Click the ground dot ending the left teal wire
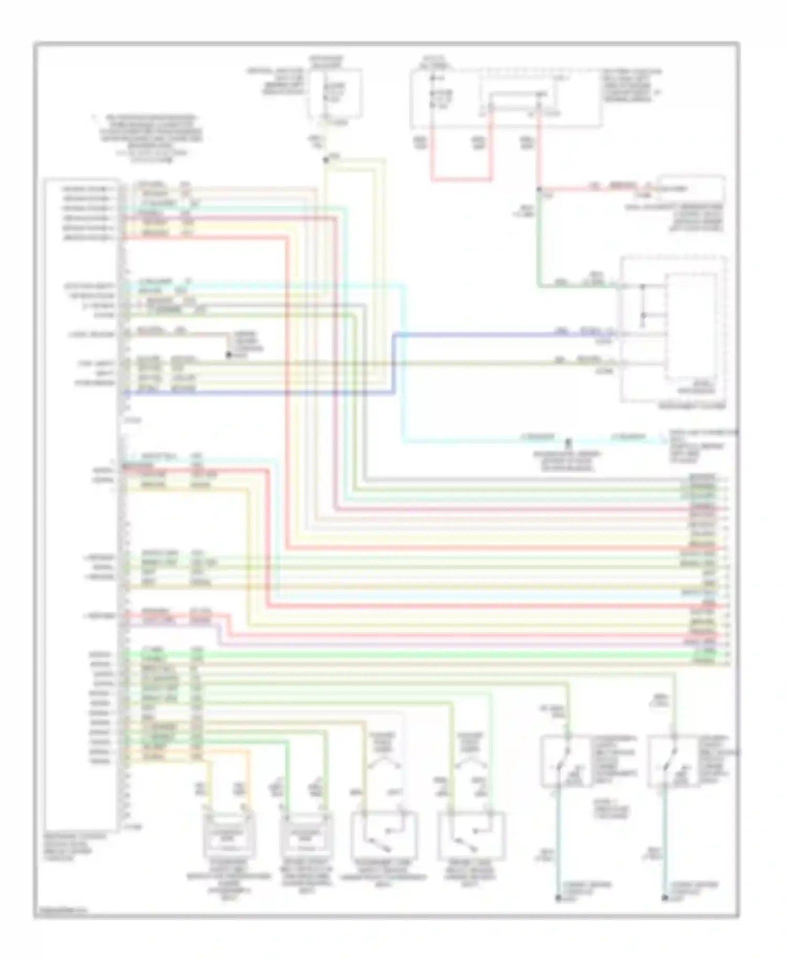[x=558, y=898]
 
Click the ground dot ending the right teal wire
[x=665, y=898]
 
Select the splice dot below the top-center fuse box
[x=326, y=159]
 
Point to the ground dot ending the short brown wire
[x=229, y=356]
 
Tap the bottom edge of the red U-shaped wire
[x=462, y=180]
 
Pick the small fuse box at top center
[x=335, y=93]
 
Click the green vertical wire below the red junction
[x=539, y=236]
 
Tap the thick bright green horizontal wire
[x=420, y=655]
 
